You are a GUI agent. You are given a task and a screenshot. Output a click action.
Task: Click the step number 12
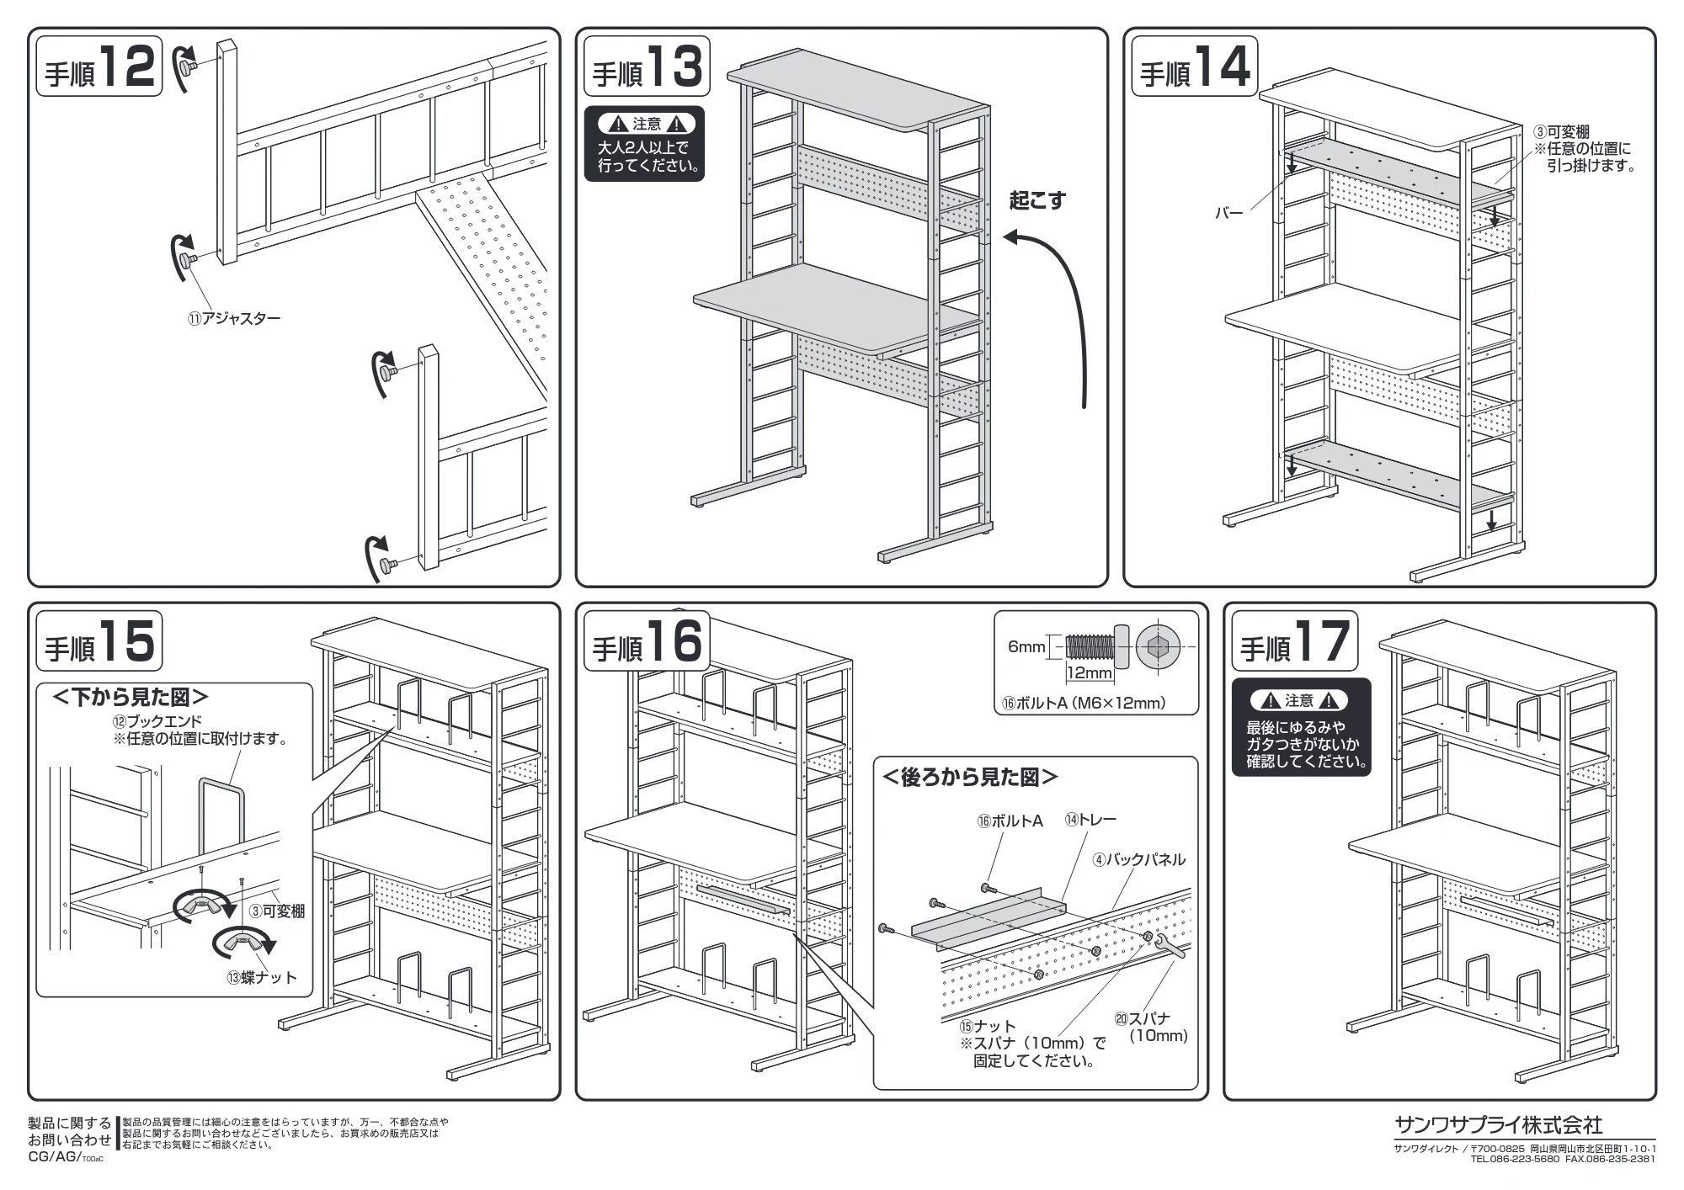128,66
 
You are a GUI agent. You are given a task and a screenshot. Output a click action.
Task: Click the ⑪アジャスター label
233,319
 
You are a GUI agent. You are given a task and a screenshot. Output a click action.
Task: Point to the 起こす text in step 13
1037,201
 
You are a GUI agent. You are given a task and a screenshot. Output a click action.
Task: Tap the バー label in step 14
1228,214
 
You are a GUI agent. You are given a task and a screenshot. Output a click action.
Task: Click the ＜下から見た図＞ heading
131,697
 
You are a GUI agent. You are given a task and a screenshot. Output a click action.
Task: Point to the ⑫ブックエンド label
157,722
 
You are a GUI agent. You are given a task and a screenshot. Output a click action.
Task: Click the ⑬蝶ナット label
262,977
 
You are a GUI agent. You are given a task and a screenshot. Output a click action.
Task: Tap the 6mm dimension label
1026,646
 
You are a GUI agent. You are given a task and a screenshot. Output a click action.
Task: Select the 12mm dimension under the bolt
1090,672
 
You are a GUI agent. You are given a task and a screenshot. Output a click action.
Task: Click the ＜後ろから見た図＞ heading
969,777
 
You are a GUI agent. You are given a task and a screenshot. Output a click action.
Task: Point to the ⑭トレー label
1090,819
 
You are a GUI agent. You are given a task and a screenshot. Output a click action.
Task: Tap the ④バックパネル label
1138,859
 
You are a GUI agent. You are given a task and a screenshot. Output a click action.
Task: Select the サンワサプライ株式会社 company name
1498,1124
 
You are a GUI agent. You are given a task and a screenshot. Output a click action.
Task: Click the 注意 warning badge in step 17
1299,700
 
